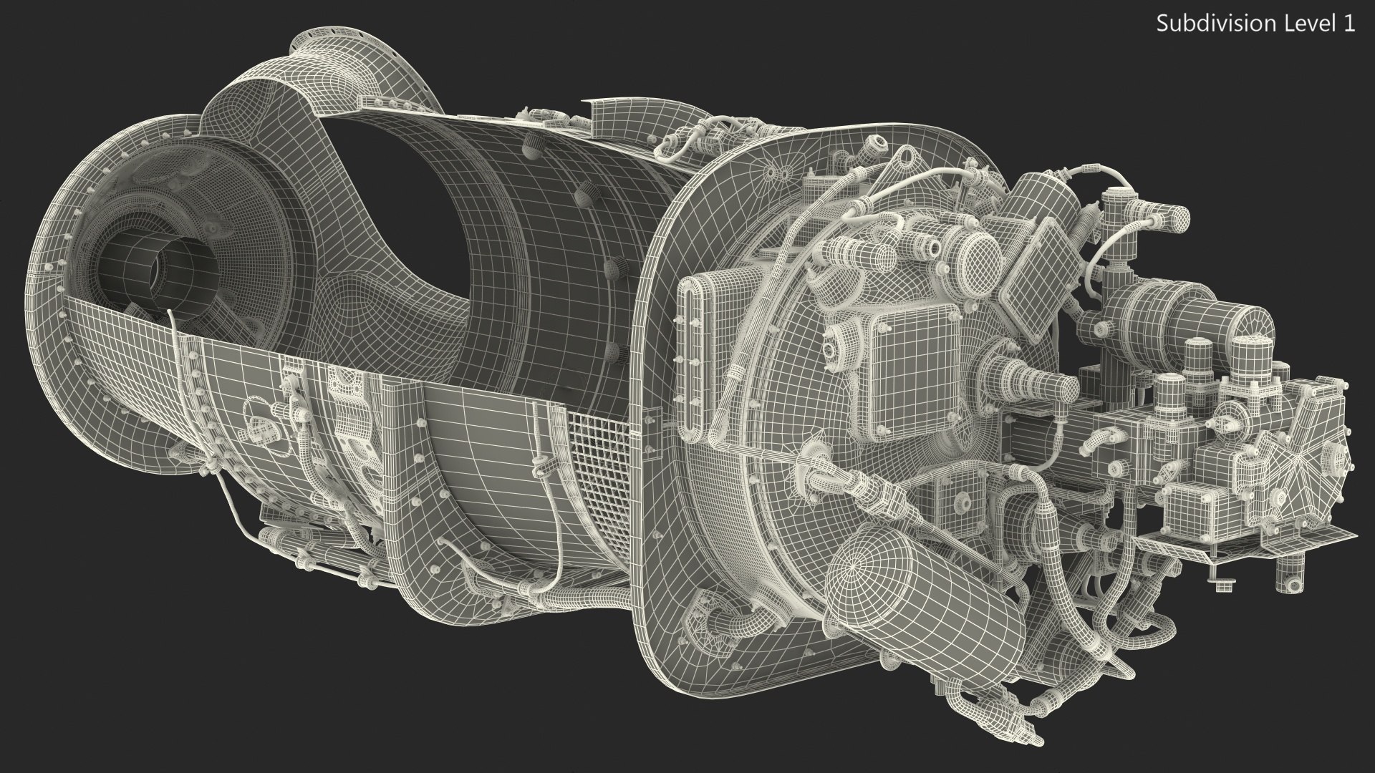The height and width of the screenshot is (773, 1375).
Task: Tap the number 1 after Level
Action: click(1349, 24)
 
